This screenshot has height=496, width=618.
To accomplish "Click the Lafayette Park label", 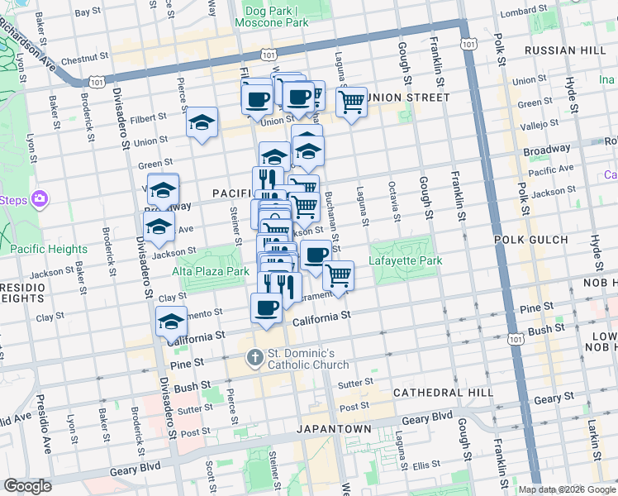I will pyautogui.click(x=406, y=261).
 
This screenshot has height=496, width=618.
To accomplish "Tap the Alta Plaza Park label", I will pyautogui.click(x=211, y=271).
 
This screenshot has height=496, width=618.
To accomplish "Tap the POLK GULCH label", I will pyautogui.click(x=530, y=240).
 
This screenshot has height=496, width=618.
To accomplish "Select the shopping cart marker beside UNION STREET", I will pyautogui.click(x=352, y=102).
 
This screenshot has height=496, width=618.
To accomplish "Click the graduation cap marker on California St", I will pyautogui.click(x=171, y=321).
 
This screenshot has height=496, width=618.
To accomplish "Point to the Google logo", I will pyautogui.click(x=27, y=486).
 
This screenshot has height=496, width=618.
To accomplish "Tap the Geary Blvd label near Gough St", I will pyautogui.click(x=427, y=419).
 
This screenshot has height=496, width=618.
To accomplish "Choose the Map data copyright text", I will pyautogui.click(x=566, y=489).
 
